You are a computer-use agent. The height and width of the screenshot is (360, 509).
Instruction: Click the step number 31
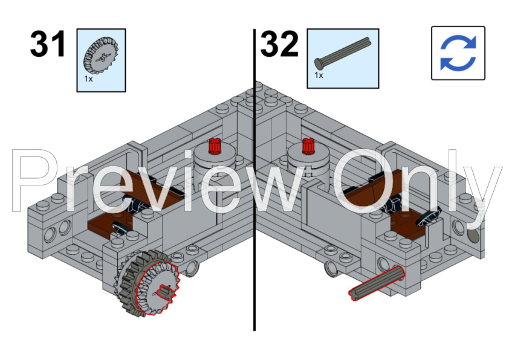pos(48,44)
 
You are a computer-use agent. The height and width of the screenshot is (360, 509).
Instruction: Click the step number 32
pos(279,44)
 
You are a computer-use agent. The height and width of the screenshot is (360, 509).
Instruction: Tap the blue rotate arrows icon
pos(458,53)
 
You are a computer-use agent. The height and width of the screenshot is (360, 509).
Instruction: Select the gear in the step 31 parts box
pos(101,56)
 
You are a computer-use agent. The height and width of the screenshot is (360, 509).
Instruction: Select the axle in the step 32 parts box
pos(343,53)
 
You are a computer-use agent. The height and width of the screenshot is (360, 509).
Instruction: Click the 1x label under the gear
pos(88,79)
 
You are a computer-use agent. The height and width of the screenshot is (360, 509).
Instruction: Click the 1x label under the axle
pos(319,76)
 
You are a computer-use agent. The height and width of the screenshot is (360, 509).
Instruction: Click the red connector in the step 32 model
pos(308,146)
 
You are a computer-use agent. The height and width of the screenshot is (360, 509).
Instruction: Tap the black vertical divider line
pos(254,180)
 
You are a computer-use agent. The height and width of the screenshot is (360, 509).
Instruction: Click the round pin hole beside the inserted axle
pos(383,264)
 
